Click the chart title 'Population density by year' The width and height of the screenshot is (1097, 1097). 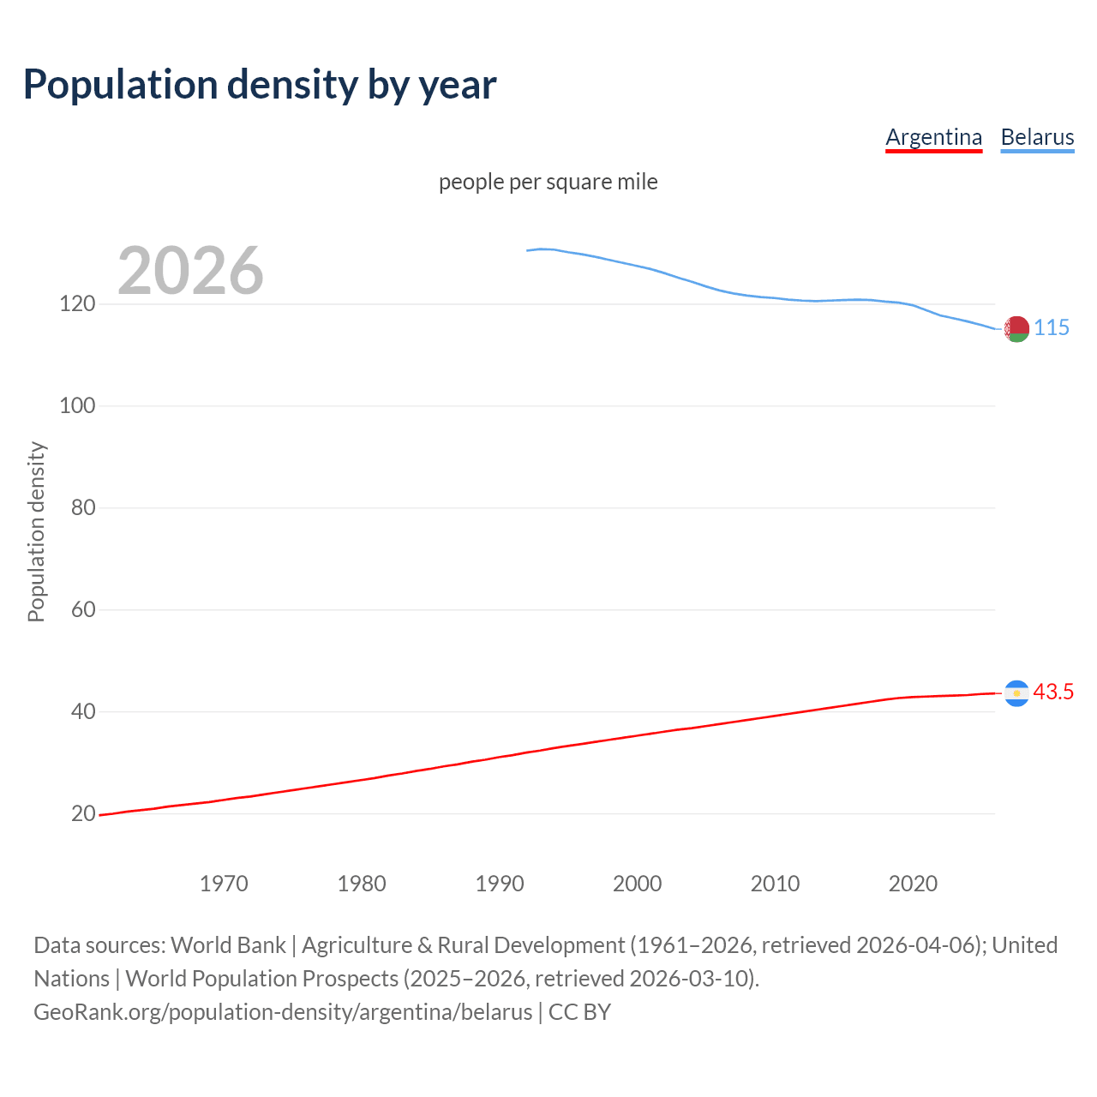(260, 85)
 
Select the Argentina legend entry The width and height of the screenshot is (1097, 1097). (933, 137)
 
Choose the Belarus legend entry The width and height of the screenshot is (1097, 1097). (1037, 137)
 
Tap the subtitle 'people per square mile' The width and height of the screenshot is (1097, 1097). (548, 182)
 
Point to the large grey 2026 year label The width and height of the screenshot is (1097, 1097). (190, 271)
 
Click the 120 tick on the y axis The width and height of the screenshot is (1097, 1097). (77, 304)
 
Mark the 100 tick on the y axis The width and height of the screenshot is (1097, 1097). (77, 406)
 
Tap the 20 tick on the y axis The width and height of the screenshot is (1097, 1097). (82, 813)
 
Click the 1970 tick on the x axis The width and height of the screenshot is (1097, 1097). (224, 884)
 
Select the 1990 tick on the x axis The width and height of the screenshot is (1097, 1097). (500, 884)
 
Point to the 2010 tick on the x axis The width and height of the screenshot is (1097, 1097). (775, 884)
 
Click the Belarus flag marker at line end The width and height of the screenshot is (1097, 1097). (1016, 329)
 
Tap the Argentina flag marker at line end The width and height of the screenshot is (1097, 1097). (1016, 693)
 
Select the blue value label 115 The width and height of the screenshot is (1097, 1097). (1052, 328)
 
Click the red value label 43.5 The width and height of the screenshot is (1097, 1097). (1053, 692)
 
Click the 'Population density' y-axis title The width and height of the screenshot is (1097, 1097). (36, 531)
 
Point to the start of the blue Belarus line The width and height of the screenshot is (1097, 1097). (528, 250)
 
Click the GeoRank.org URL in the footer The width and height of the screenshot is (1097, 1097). (283, 1012)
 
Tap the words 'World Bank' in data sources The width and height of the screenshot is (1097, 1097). (228, 945)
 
